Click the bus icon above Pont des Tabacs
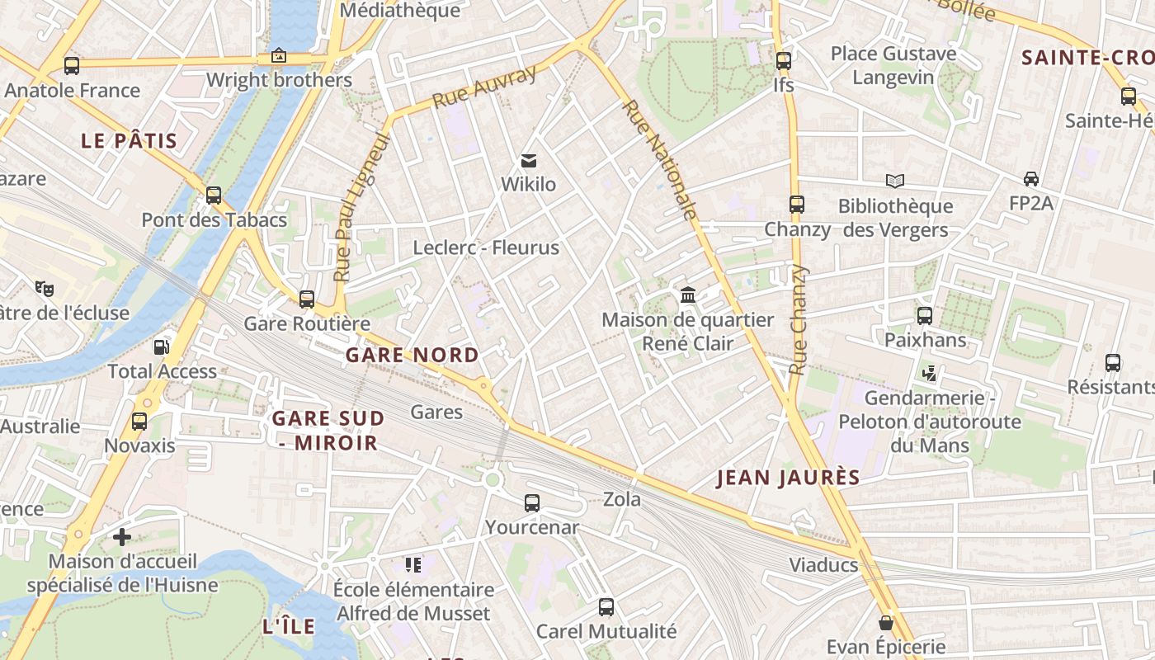click(214, 196)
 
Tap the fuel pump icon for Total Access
click(162, 347)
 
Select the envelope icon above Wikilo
click(529, 160)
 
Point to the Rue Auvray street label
click(484, 87)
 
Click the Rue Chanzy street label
click(798, 320)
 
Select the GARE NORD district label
click(412, 356)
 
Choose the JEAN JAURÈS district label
click(788, 478)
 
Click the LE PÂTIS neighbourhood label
click(130, 141)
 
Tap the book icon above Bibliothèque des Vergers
click(895, 181)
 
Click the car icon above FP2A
click(1031, 179)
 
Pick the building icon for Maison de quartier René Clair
click(688, 295)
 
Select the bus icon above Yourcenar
click(532, 502)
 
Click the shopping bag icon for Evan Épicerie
click(886, 623)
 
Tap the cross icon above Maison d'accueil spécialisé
click(122, 537)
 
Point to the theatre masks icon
click(44, 288)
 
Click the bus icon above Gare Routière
click(307, 299)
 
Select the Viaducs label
click(823, 566)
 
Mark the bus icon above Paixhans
click(925, 315)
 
